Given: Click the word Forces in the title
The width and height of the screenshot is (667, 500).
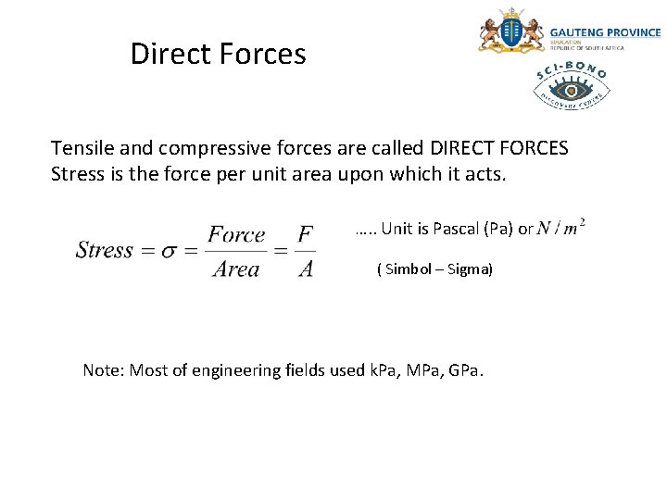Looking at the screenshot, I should [x=263, y=54].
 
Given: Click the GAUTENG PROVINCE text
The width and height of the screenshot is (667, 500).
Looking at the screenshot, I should [x=606, y=31].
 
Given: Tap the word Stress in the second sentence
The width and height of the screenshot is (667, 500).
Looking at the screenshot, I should [x=77, y=174].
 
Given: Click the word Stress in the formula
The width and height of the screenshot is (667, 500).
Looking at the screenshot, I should [x=105, y=250].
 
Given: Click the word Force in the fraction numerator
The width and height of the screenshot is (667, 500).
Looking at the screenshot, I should [x=236, y=234].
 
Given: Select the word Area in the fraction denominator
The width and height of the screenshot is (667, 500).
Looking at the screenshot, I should [x=236, y=269].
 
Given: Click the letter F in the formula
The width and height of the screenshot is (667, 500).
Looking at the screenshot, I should [x=306, y=234].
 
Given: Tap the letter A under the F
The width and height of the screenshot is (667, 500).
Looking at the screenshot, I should [x=306, y=269].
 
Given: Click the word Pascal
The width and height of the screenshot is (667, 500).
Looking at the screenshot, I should [x=454, y=229].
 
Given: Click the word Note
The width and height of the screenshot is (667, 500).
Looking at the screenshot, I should [x=102, y=370].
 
